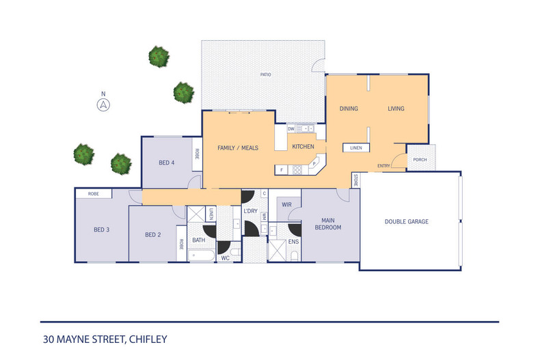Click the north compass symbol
[x=103, y=105]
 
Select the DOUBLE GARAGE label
[x=407, y=221]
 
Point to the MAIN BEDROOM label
[x=327, y=223]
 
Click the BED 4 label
[x=167, y=162]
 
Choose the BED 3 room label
[x=101, y=230]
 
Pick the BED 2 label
[x=152, y=234]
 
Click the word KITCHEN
[x=303, y=147]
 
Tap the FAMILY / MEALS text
[x=237, y=148]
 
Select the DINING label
[x=350, y=109]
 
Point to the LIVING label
[x=396, y=109]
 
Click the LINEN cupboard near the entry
[x=356, y=148]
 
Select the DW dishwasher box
[x=291, y=128]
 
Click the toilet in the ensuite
[x=294, y=255]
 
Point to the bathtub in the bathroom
[x=201, y=257]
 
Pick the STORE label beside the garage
[x=355, y=180]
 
